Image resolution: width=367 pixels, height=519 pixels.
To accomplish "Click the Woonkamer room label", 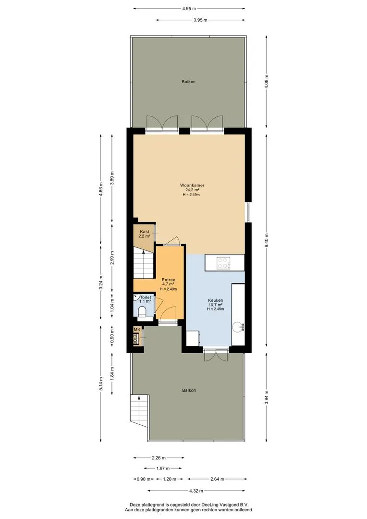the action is pos(192,185).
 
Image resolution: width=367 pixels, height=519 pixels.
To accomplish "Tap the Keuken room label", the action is pos(215,300).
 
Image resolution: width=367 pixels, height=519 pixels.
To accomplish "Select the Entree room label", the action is pos(169,280).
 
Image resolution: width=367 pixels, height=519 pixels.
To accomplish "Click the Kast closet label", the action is pos(144,232).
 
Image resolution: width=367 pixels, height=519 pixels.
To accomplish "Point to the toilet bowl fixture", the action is pos(142,312).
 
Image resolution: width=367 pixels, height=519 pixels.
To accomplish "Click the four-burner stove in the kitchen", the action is pos(223,263).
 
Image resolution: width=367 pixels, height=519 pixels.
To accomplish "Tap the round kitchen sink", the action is pos(237,327).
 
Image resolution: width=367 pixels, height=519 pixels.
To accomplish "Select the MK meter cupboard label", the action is pos(137,329).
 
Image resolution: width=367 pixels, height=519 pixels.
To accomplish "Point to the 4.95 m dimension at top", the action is pos(189,8).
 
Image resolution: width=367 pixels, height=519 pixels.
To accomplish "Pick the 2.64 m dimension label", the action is pos(217,479).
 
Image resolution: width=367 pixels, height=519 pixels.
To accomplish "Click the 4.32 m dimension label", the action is pos(196,491).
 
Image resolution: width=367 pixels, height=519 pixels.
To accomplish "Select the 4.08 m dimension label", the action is pos(267,81).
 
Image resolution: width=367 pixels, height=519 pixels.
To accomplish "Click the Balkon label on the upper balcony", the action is pos(189,81).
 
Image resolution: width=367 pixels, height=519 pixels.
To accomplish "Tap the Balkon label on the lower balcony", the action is pos(189,390).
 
